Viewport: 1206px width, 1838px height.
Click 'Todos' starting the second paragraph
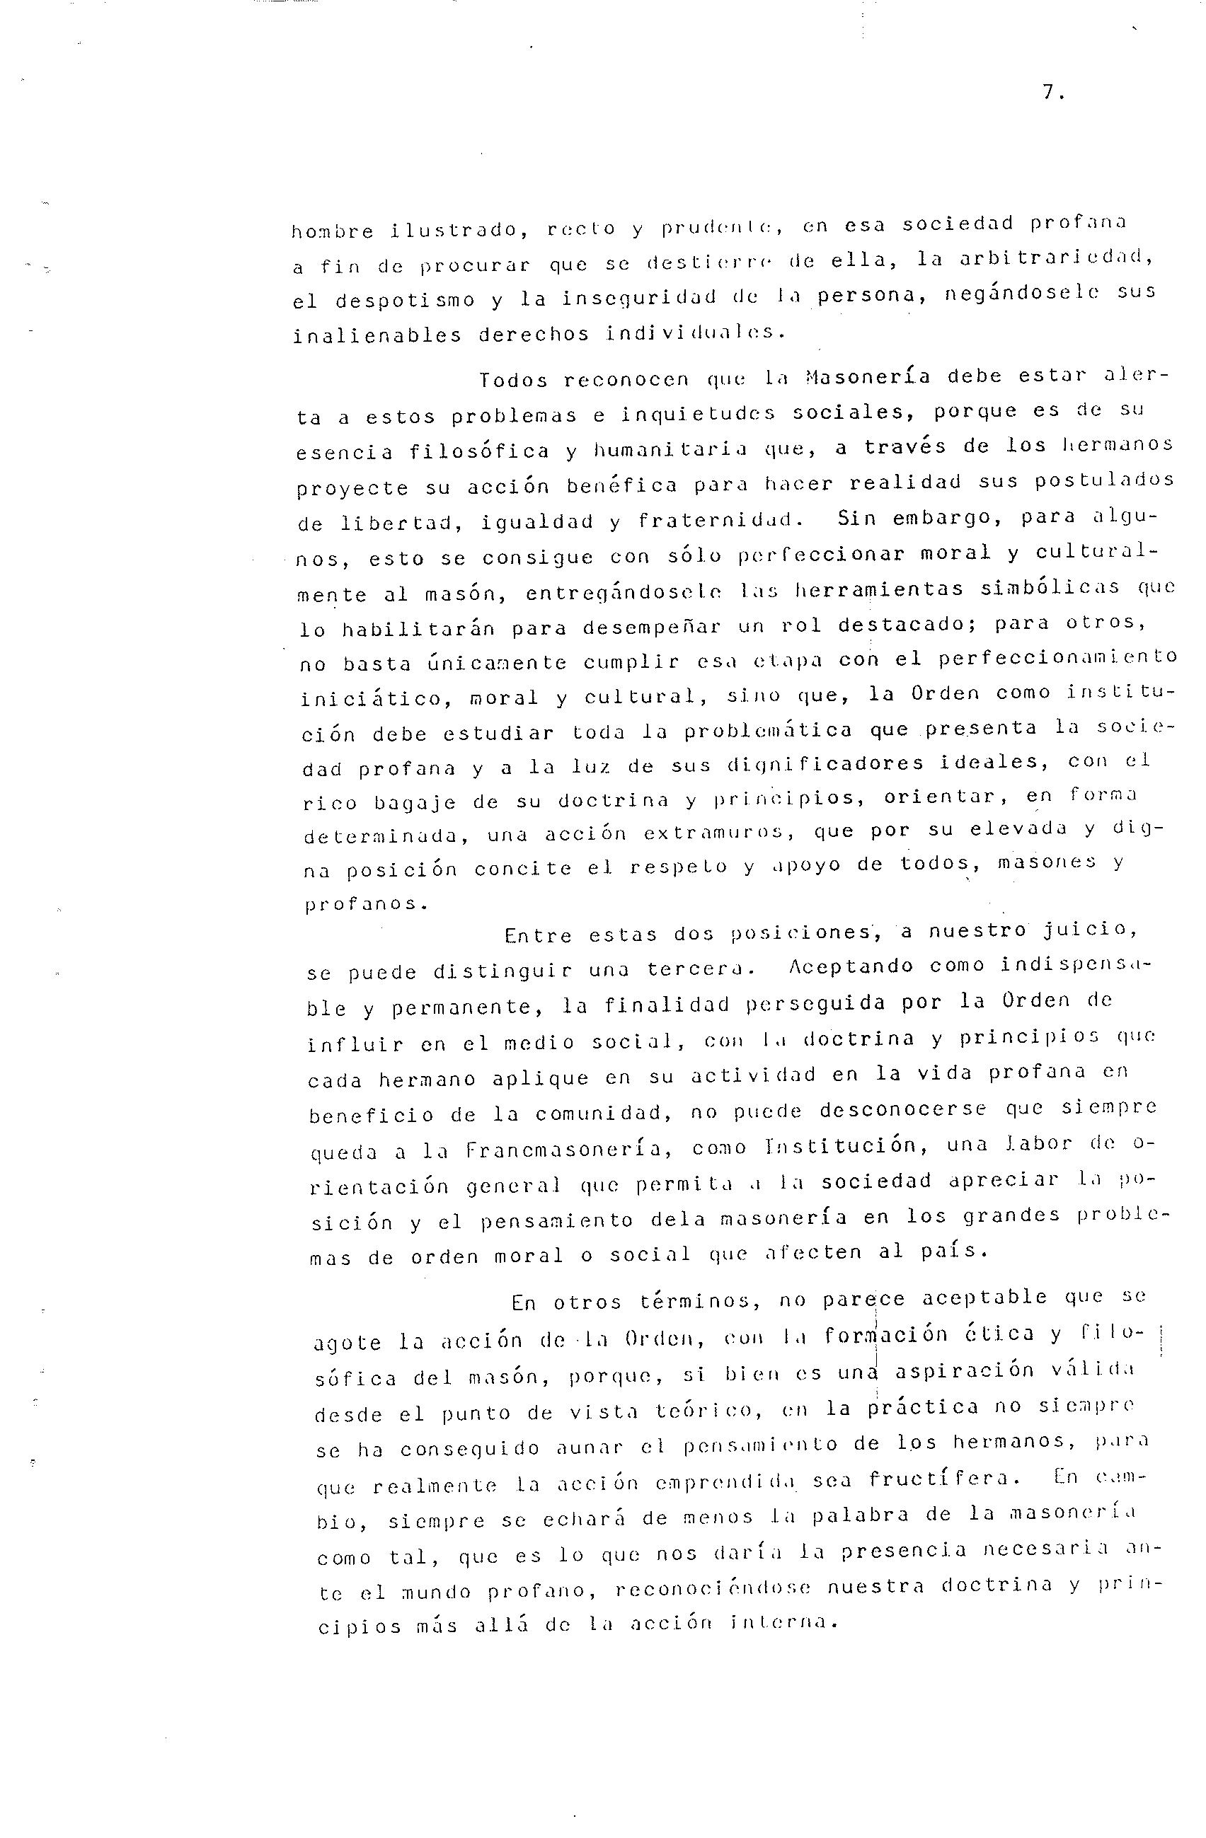point(512,380)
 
